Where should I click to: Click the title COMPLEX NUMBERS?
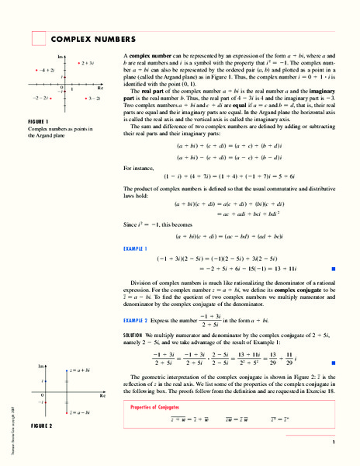[93, 39]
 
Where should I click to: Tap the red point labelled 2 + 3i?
[79, 62]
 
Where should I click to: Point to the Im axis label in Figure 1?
[61, 58]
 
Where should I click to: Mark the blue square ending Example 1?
[332, 266]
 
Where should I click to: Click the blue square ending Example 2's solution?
[332, 363]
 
